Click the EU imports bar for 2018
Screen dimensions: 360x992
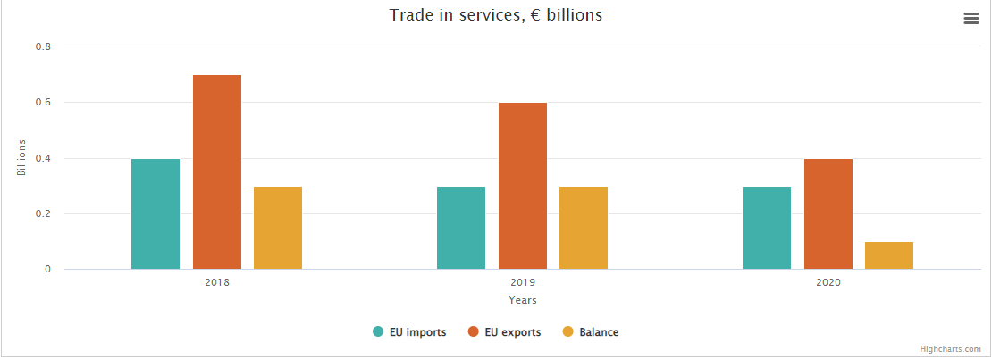click(156, 214)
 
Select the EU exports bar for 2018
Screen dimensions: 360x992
click(217, 172)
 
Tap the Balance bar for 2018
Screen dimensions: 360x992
click(278, 228)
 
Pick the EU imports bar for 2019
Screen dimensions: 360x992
click(461, 228)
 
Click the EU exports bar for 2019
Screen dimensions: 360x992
click(523, 186)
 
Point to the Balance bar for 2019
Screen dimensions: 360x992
click(584, 228)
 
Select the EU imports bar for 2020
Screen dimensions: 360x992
click(767, 228)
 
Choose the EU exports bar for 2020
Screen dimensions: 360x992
click(828, 214)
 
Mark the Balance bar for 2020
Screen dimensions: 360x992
click(889, 255)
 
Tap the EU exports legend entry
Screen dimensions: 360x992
click(505, 332)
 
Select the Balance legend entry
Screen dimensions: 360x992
click(591, 332)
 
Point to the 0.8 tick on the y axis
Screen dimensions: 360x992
click(43, 46)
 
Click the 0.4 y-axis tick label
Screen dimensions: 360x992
click(43, 158)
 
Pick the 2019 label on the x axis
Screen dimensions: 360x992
click(523, 282)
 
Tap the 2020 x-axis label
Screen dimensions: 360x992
click(828, 282)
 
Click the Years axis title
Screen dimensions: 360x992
click(523, 300)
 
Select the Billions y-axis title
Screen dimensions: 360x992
click(21, 158)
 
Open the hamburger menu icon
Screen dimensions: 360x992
click(971, 19)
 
